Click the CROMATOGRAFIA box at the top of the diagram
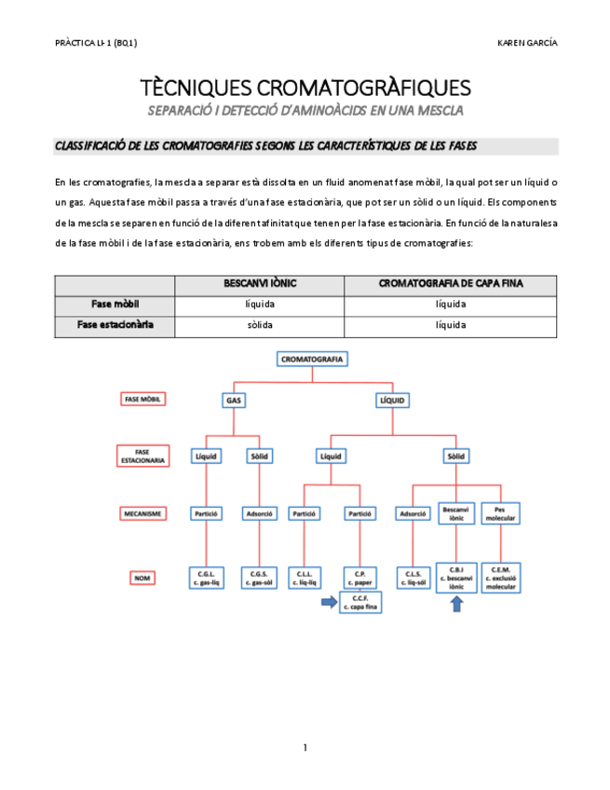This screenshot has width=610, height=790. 313,359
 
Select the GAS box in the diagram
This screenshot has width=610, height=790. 233,400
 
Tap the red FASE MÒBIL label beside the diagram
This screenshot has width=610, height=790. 142,399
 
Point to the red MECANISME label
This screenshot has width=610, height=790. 142,513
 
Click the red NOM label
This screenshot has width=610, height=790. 142,578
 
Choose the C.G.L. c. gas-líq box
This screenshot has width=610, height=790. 206,578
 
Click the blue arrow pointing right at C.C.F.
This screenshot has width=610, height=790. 327,603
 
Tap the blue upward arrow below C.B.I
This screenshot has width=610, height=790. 455,604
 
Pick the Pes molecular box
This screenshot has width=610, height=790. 501,513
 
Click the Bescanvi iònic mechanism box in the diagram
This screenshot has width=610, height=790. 456,513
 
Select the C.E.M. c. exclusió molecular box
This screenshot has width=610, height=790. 501,578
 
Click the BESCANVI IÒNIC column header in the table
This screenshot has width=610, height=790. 260,284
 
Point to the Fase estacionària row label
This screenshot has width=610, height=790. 115,325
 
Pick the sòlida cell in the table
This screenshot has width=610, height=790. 260,325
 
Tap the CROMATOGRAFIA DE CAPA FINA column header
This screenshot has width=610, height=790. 450,284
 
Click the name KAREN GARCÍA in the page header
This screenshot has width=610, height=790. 528,44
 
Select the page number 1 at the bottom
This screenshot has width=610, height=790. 305,747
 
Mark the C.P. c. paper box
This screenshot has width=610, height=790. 359,578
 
